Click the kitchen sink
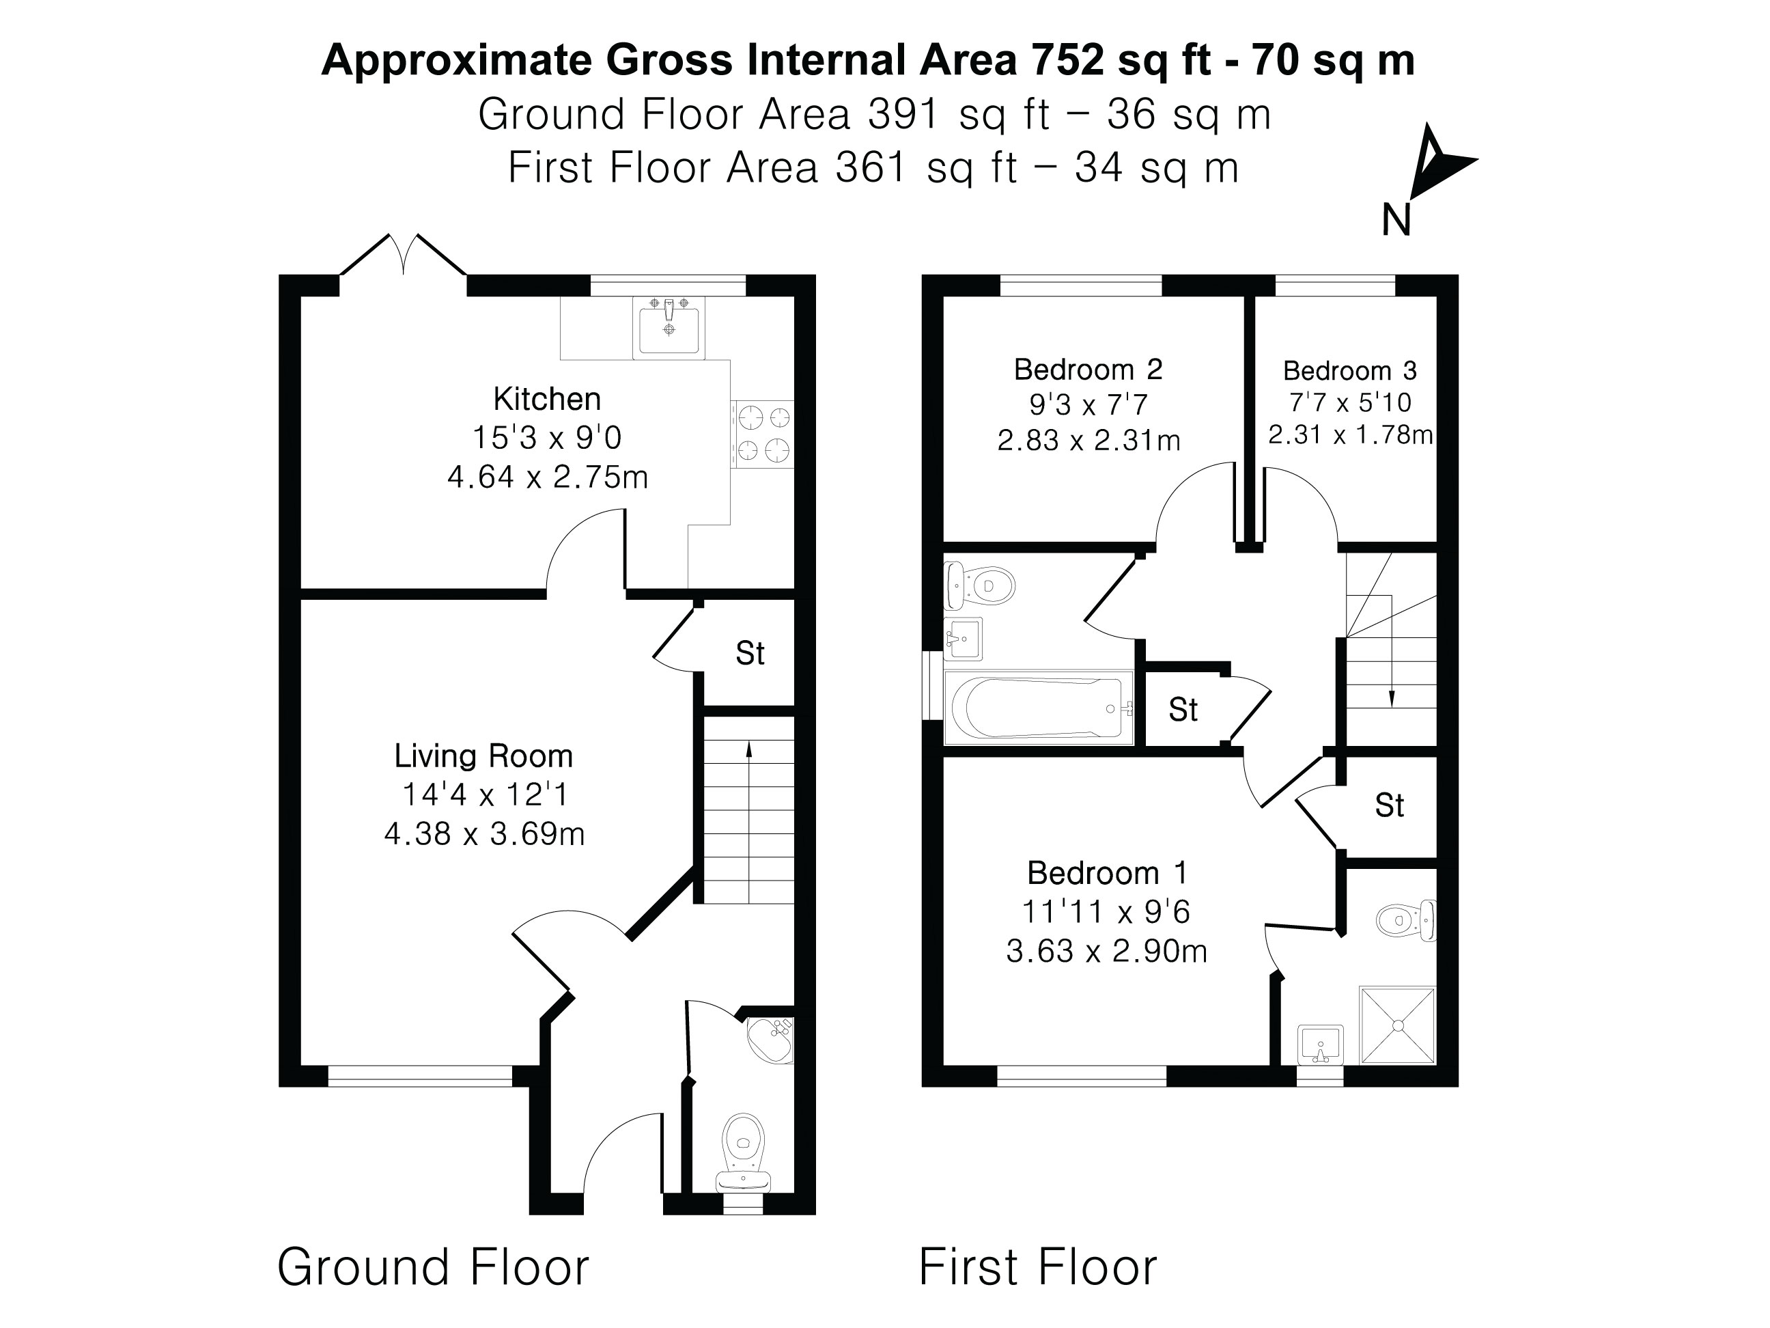coord(668,327)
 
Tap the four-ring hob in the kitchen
coord(763,434)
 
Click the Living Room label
coord(483,756)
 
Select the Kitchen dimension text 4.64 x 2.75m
coord(548,477)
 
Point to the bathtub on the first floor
coord(1039,708)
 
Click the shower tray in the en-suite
coord(1397,1025)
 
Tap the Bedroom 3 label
coord(1350,371)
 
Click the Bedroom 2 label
coord(1087,369)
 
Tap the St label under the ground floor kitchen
coord(750,653)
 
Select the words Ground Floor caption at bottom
coord(433,1267)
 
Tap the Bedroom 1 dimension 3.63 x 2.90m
coord(1106,951)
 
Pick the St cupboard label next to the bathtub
coord(1183,709)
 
